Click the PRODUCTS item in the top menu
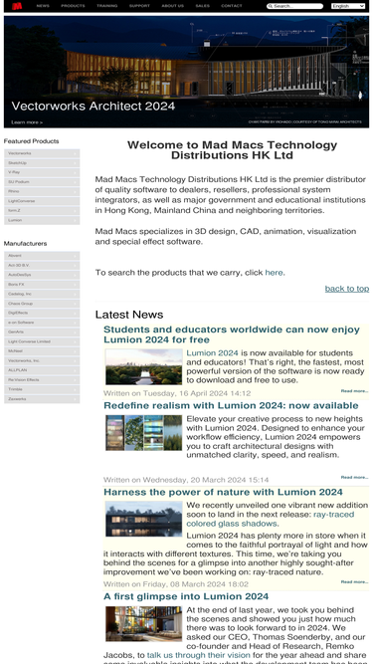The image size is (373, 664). coord(73,6)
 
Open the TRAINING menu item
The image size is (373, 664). coord(106,6)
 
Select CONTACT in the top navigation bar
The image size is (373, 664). coord(231,6)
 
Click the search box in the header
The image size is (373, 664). coord(296,6)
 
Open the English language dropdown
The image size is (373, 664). coord(348,6)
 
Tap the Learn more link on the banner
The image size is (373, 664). coord(27,121)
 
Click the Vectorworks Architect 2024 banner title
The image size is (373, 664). coord(93,106)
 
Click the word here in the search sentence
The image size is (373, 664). coord(274,272)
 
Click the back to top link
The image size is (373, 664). coord(346,289)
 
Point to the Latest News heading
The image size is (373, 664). coord(129,315)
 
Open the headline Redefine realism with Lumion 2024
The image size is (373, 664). coord(230,405)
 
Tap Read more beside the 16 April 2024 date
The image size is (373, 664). coord(354,391)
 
